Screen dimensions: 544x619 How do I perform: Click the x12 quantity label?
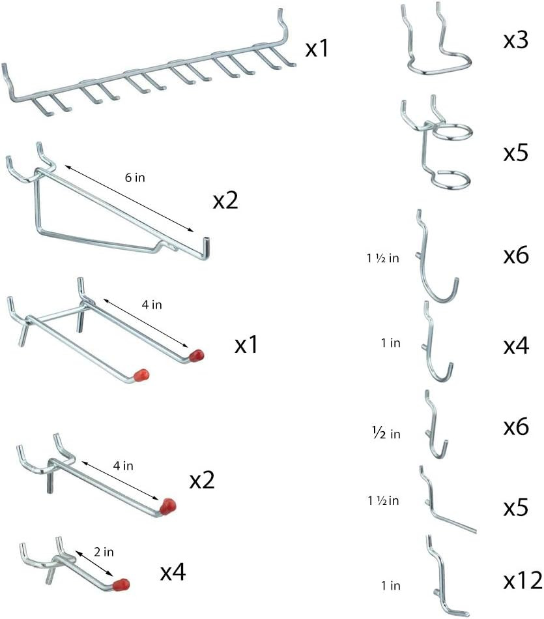tap(523, 581)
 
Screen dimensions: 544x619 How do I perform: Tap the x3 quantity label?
tap(515, 40)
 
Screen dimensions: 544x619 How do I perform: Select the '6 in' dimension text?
tap(135, 177)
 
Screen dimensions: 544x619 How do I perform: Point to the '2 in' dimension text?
tap(104, 552)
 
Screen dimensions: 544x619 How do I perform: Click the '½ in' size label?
tap(386, 434)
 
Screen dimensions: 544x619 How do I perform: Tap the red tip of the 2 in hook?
tap(121, 584)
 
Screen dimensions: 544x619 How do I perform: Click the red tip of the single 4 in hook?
tap(168, 506)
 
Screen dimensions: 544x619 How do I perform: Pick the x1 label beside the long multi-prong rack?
tap(317, 48)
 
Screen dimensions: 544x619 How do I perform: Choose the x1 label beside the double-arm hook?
tap(246, 344)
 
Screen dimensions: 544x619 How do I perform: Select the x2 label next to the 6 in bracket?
tap(225, 200)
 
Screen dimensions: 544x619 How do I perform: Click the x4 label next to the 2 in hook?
tap(173, 571)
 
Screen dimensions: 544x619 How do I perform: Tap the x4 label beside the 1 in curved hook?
tap(516, 346)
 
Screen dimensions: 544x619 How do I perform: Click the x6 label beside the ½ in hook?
tap(516, 427)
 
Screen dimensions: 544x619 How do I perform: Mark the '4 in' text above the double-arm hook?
tap(152, 305)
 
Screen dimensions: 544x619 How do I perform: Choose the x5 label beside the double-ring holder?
tap(515, 153)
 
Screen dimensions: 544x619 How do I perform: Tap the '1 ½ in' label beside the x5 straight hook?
tap(383, 500)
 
